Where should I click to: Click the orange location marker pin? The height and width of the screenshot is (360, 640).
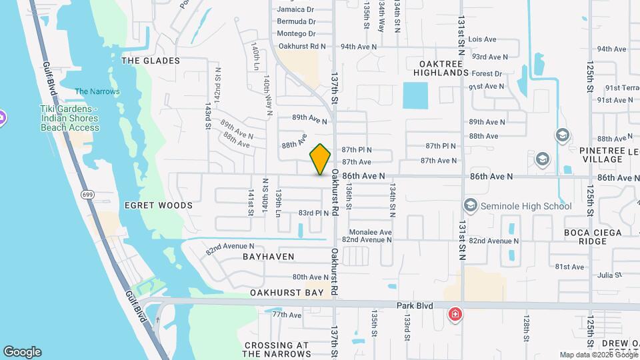pyautogui.click(x=321, y=159)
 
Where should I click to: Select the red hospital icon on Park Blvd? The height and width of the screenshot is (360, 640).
pyautogui.click(x=455, y=313)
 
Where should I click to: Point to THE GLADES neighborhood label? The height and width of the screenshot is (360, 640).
pyautogui.click(x=151, y=61)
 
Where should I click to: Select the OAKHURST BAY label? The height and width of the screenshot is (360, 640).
pyautogui.click(x=287, y=293)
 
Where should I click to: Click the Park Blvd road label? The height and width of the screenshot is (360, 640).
pyautogui.click(x=415, y=306)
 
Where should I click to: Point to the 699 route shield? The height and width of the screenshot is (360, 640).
pyautogui.click(x=87, y=195)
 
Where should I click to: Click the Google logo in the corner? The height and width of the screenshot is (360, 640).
pyautogui.click(x=22, y=351)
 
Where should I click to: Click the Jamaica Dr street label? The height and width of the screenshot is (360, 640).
pyautogui.click(x=295, y=9)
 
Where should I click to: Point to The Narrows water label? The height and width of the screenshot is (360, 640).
pyautogui.click(x=97, y=91)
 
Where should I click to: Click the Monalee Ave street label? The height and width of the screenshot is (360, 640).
pyautogui.click(x=367, y=232)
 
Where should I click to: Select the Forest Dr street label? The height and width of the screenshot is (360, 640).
pyautogui.click(x=487, y=74)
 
